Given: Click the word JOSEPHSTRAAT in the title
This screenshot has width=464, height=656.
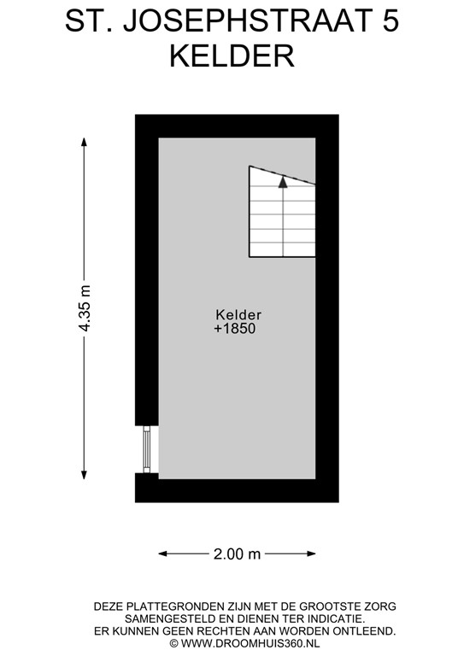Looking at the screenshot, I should [243, 22].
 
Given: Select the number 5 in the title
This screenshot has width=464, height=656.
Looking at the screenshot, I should [390, 22].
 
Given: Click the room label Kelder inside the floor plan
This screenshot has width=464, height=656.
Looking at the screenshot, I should [238, 313].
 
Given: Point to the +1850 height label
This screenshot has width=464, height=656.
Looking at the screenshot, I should [235, 328].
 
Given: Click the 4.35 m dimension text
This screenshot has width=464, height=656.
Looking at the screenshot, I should [84, 309].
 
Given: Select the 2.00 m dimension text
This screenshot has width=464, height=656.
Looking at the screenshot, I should [237, 553].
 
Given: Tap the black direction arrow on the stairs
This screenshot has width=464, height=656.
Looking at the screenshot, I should [284, 180].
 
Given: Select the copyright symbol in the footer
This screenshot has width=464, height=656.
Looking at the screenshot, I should [173, 643].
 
